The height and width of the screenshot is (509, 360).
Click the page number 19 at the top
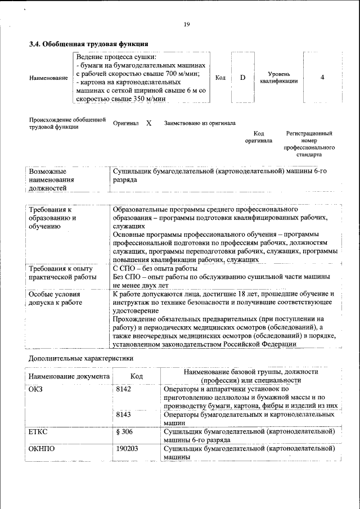pyautogui.click(x=187, y=24)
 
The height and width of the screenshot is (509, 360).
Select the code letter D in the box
pyautogui.click(x=242, y=78)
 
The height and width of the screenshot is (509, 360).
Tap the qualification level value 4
pyautogui.click(x=322, y=78)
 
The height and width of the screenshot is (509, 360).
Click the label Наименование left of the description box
pyautogui.click(x=48, y=78)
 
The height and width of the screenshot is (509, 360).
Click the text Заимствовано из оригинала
pyautogui.click(x=200, y=123)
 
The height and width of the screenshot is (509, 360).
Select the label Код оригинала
pyautogui.click(x=259, y=137)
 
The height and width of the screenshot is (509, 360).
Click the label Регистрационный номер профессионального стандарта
pyautogui.click(x=309, y=143)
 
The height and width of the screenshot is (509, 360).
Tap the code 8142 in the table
pyautogui.click(x=123, y=389)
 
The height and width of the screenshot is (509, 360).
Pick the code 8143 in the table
pyautogui.click(x=123, y=414)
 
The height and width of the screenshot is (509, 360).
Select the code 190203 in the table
pyautogui.click(x=127, y=449)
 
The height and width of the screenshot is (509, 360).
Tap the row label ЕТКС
pyautogui.click(x=38, y=431)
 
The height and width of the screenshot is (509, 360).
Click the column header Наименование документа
pyautogui.click(x=68, y=376)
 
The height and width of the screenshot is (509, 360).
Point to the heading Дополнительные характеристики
pyautogui.click(x=81, y=358)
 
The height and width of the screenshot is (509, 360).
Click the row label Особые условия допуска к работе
pyautogui.click(x=55, y=298)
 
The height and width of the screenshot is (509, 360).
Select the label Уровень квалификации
pyautogui.click(x=279, y=78)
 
